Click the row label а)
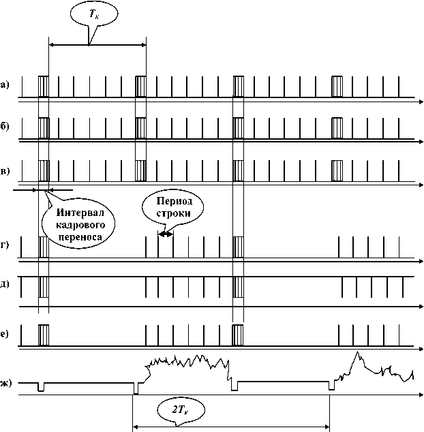pyautogui.click(x=5, y=85)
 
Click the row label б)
pyautogui.click(x=5, y=127)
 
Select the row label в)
pyautogui.click(x=5, y=170)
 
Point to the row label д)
pyautogui.click(x=5, y=284)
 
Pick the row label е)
pyautogui.click(x=5, y=335)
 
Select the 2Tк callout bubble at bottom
pyautogui.click(x=179, y=410)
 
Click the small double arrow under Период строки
pyautogui.click(x=166, y=234)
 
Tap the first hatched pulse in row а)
pyautogui.click(x=44, y=86)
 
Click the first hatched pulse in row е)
pyautogui.click(x=44, y=335)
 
